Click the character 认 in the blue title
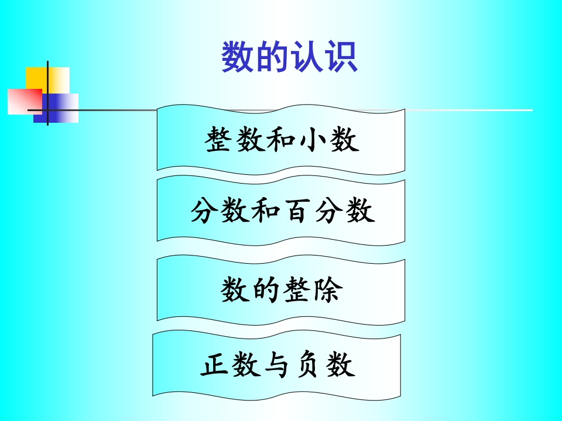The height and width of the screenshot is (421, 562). point(306,57)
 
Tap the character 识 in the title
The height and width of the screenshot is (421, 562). point(341,57)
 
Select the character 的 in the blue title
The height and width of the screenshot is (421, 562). point(272,57)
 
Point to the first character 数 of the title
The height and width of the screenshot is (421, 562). point(238,57)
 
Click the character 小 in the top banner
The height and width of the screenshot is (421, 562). point(313,140)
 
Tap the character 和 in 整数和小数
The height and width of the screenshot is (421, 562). point(282,140)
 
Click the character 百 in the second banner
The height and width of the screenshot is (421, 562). point(298,211)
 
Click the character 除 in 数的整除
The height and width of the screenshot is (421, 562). point(328,289)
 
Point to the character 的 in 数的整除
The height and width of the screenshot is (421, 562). point(266,289)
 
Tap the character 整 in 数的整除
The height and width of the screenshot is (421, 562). point(297,289)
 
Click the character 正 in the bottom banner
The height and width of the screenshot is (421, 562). point(215,364)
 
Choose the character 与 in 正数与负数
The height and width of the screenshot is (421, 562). point(277,364)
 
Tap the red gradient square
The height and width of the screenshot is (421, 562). point(25,102)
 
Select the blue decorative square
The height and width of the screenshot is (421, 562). point(56,108)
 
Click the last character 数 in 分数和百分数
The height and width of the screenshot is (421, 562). point(361,211)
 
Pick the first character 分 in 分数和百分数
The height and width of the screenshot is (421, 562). point(205,211)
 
